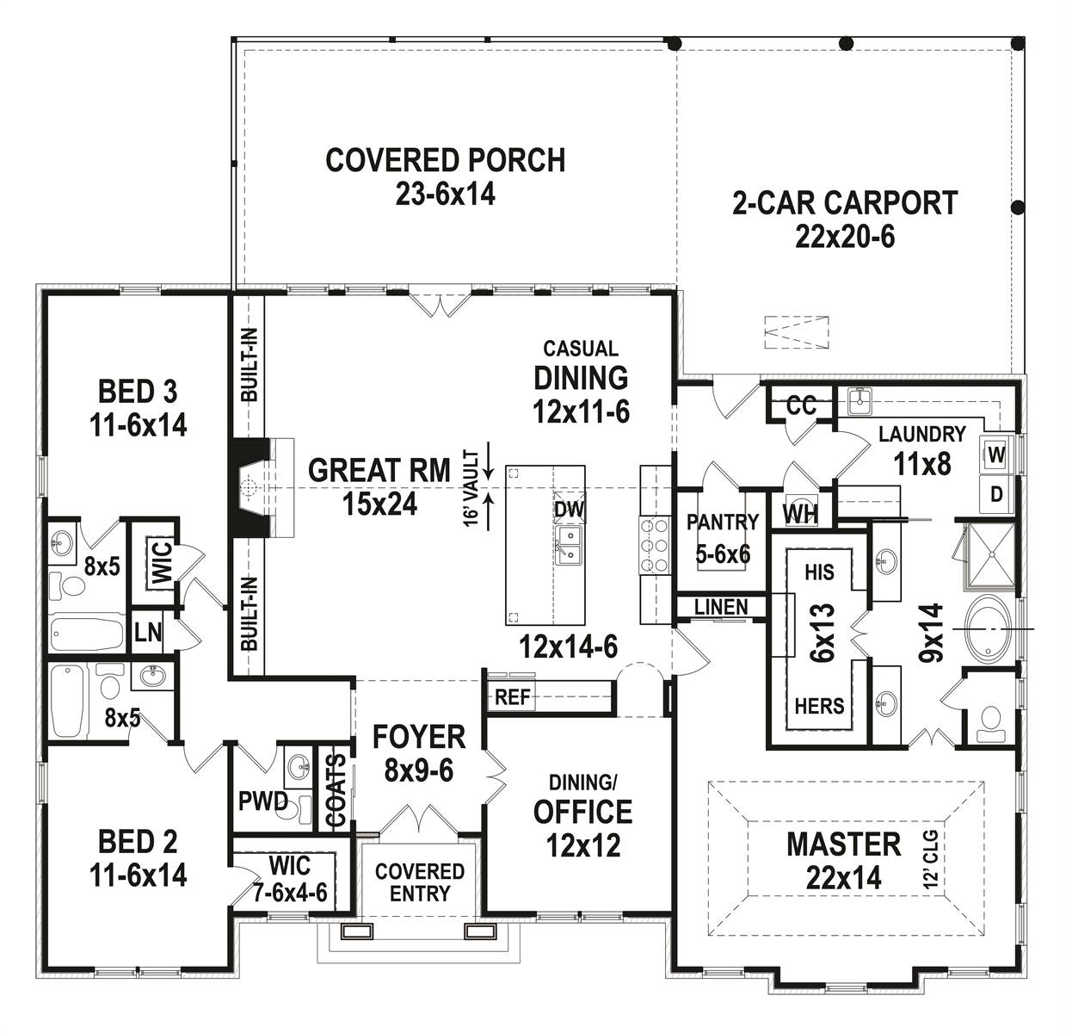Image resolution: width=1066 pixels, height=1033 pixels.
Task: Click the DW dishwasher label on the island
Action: [569, 510]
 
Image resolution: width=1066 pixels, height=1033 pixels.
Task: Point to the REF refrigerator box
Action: [512, 697]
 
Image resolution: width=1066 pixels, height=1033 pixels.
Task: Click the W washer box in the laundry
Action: [996, 455]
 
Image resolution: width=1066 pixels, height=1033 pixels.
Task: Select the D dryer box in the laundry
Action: [996, 494]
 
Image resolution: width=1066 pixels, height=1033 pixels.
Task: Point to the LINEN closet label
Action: [720, 607]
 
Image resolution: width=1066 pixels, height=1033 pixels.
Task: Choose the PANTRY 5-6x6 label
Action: [722, 537]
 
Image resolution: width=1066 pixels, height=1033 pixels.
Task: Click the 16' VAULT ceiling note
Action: [471, 487]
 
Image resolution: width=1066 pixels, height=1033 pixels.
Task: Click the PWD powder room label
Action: [263, 801]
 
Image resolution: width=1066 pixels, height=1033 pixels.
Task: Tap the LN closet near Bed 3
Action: [148, 633]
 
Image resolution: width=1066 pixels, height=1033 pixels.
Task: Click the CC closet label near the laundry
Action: [800, 405]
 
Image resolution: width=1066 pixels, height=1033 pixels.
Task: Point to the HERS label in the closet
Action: [818, 706]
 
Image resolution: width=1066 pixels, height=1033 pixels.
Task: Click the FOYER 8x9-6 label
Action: [418, 752]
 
